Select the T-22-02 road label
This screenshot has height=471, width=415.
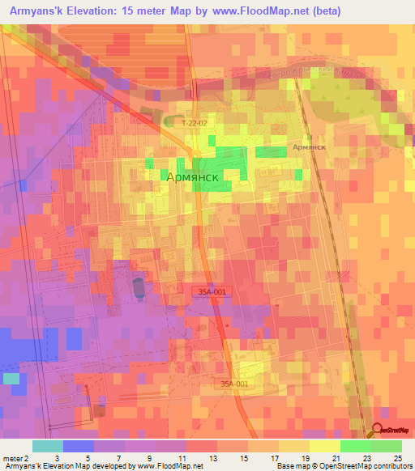195,123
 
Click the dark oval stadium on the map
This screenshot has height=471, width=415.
137,286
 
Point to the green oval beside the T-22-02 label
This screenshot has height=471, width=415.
172,122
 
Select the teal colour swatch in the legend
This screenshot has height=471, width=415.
47,446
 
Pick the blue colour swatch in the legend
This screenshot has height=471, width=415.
78,446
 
